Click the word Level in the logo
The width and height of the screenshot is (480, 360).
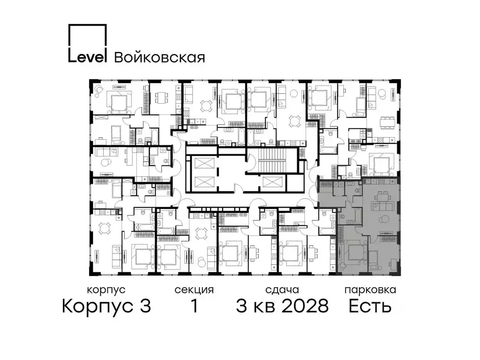coord(88,56)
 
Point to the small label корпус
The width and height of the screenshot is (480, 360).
coord(106,290)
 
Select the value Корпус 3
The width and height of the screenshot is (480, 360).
coord(106,307)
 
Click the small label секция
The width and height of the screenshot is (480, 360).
coord(194,290)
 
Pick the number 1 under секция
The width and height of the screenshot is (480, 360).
coord(194,307)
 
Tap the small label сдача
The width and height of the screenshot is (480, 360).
coord(281,290)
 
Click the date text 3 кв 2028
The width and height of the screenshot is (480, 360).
coord(282,307)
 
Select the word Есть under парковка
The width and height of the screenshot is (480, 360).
coord(370,307)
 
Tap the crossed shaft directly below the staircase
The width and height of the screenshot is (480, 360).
coord(272,182)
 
